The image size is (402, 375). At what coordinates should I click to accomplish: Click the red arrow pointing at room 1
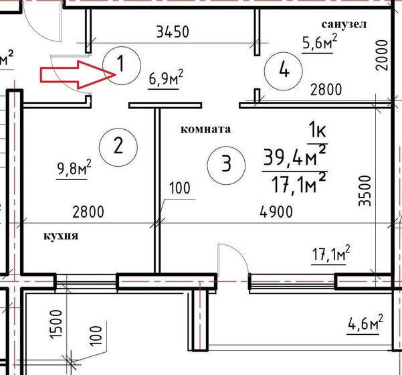77,75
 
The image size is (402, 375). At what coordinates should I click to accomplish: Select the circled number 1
122,66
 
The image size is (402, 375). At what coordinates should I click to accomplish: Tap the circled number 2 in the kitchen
118,147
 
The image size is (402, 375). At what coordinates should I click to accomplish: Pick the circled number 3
226,165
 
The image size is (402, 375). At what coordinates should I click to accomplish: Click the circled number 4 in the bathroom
284,71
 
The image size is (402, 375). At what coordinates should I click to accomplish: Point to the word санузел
344,24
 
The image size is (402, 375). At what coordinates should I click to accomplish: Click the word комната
205,129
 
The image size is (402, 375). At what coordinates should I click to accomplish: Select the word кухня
61,236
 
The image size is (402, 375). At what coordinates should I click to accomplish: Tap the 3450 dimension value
173,31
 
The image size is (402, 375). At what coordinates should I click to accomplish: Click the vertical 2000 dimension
382,55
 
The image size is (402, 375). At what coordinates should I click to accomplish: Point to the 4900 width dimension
276,212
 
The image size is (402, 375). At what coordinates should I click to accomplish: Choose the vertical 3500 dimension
365,191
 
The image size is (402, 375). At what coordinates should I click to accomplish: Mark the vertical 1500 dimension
56,325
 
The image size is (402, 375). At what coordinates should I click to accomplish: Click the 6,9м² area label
166,78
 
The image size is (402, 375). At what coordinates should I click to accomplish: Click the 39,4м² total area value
295,157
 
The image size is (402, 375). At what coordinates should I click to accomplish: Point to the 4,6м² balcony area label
365,323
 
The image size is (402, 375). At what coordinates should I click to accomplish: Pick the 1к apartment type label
318,131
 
